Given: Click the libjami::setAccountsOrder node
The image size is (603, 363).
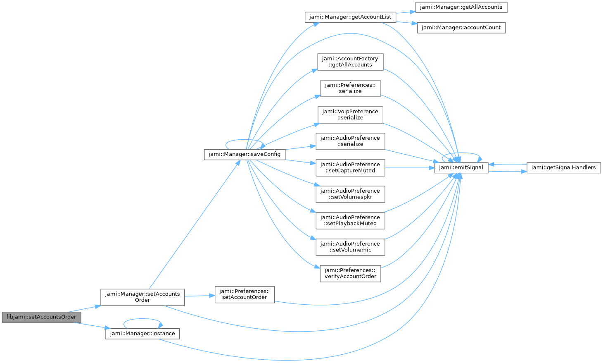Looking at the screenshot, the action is (41, 317).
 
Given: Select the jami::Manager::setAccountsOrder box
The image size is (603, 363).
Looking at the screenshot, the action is (142, 297).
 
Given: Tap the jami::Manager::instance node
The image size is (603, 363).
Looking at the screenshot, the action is (142, 334).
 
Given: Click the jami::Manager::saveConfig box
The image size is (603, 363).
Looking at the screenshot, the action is (245, 154).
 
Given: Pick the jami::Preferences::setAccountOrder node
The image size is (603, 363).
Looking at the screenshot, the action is (245, 294).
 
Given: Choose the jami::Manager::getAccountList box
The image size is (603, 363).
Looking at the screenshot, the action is (350, 17).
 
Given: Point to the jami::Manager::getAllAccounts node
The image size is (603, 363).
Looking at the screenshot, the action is (461, 7).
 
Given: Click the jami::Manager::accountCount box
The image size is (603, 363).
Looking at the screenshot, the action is (461, 28).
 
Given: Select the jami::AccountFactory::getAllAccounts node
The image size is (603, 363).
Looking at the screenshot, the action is (350, 62).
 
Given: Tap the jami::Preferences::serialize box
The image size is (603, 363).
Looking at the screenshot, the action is (350, 88).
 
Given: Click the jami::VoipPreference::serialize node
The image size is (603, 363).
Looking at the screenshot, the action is (350, 115).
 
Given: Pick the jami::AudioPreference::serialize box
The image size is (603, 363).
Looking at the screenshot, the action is (350, 141).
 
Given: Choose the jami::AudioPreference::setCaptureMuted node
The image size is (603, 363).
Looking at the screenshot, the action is (350, 167).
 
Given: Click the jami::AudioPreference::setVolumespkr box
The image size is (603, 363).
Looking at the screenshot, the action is (350, 194).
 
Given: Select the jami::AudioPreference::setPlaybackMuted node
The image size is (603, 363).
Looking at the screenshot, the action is (350, 220).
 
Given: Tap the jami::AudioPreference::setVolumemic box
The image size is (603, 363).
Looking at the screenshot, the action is (350, 247).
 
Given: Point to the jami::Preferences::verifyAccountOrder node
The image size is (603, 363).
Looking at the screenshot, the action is (350, 274).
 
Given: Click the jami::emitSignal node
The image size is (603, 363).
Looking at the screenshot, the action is (461, 168).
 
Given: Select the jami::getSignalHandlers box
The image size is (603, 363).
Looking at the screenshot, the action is (564, 168).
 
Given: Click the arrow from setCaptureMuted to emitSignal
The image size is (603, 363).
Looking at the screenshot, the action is (410, 168).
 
